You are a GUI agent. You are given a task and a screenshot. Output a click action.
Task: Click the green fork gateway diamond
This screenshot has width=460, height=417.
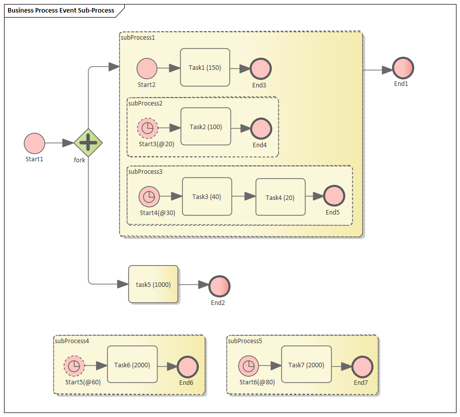pos(88,143)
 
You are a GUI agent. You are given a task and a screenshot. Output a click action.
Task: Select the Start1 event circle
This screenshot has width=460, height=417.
pos(34,143)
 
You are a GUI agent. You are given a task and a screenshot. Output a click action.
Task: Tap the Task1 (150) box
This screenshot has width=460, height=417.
pos(205,67)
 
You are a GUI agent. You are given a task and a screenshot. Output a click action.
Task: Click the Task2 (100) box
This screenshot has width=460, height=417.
pos(205,127)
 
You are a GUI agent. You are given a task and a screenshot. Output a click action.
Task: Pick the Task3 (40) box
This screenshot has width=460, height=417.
pos(206,196)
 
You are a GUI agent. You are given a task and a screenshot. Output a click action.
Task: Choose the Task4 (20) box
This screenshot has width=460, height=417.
pos(280,197)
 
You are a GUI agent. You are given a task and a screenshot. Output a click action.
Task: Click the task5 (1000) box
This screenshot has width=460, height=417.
pos(153,284)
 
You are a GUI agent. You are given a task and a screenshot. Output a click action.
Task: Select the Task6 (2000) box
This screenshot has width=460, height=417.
pos(132,365)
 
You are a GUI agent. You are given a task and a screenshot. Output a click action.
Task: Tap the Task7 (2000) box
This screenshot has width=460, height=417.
pos(306,365)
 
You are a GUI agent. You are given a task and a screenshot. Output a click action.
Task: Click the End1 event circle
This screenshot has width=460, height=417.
pos(403,68)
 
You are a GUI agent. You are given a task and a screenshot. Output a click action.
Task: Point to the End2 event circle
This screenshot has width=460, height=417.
pos(219,286)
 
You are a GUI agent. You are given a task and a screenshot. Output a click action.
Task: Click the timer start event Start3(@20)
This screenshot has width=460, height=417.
pos(147,128)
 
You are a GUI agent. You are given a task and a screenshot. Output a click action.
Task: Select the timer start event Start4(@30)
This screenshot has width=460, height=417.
pos(149,196)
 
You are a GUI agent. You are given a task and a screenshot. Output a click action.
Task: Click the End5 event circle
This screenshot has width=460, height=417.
pos(334,196)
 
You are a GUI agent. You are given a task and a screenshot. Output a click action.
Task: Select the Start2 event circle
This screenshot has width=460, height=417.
pos(147,68)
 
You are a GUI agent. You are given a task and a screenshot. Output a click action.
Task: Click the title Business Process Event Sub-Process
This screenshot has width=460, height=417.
pos(61,10)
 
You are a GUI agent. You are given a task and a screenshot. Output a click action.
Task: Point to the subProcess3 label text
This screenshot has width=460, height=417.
pos(145,171)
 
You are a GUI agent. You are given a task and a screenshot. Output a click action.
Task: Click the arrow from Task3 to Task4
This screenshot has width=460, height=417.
pos(244,196)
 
